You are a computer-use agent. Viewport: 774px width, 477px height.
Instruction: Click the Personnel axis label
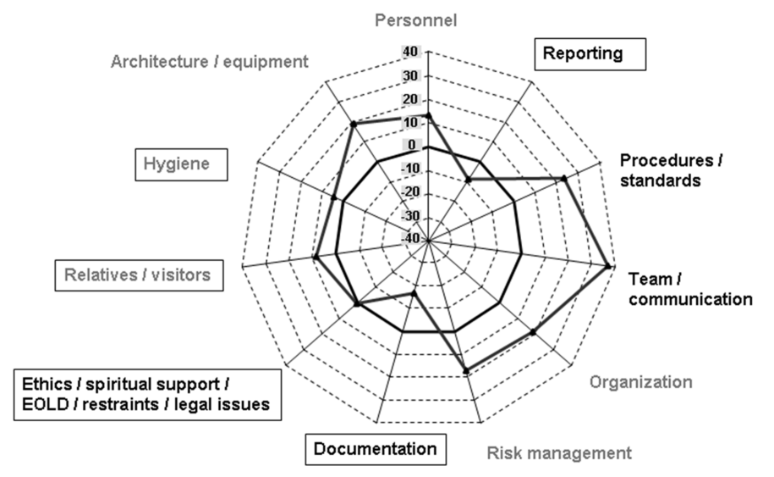click(x=427, y=19)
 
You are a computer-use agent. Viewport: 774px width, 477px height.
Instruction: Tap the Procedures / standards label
click(x=672, y=169)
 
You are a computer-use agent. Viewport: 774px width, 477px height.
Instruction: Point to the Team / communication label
click(x=690, y=288)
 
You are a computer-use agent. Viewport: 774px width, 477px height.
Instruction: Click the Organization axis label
click(x=640, y=381)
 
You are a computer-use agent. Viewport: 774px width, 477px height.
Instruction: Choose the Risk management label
click(x=558, y=452)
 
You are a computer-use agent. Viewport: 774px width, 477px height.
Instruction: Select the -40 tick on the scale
click(x=409, y=240)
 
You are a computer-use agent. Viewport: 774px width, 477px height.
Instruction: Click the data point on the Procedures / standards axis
click(x=563, y=178)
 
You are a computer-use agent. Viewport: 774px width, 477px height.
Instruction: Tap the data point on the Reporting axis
click(x=468, y=179)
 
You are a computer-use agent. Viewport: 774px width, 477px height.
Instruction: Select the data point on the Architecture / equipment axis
click(x=353, y=125)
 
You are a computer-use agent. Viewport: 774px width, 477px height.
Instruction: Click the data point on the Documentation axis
click(x=414, y=293)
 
